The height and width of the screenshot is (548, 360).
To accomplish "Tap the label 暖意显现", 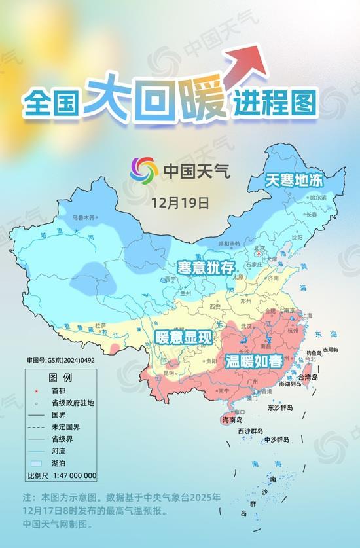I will pos(184,338).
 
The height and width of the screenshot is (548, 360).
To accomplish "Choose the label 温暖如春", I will pos(255,361).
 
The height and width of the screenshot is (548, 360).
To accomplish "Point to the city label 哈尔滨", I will pos(317,197).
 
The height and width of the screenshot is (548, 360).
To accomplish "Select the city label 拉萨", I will pos(100,325).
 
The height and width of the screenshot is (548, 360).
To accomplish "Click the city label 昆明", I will pos(170,373).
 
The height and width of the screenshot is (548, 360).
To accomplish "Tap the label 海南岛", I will pos(232,420).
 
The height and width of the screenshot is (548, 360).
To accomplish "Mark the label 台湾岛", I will pos(307,378).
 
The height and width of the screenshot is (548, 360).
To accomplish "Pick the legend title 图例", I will pos(60,378).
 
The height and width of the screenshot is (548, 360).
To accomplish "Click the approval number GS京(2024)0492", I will pos(61,360).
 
